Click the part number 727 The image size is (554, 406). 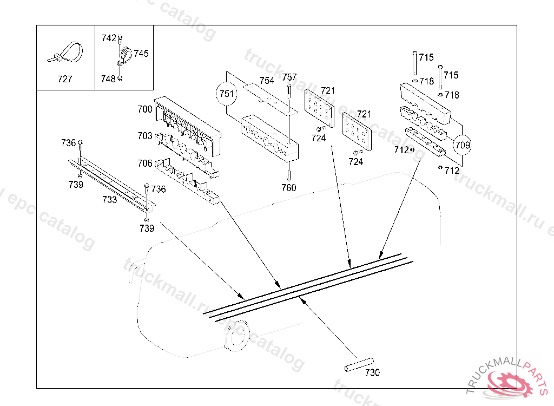pos(65,79)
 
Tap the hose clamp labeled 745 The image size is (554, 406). pos(126,55)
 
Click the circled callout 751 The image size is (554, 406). pos(227,94)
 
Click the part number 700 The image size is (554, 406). pos(144,109)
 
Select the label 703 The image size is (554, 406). pos(144,136)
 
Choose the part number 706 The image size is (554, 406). pos(144,163)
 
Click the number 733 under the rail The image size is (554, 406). pos(109,200)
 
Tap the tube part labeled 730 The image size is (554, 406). pos(359,364)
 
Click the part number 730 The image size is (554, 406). pos(372,372)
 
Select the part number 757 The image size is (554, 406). pos(289,77)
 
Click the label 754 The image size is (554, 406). pos(267,80)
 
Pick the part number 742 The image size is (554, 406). pos(109,38)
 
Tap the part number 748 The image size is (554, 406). pos(108,79)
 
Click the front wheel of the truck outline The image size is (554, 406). pos(236,337)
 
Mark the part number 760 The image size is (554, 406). pos(289,188)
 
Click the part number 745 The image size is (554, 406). pos(141,54)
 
